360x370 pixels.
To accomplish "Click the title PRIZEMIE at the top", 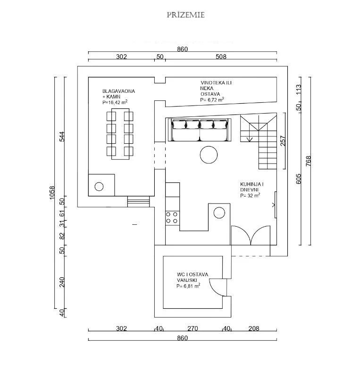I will tap(185, 15).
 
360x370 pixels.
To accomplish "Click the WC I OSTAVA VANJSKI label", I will tap(193, 280).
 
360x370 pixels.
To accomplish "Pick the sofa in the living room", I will tap(200, 130).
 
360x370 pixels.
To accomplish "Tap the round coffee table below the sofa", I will tap(209, 155).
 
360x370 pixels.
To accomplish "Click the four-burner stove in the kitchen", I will tap(172, 217).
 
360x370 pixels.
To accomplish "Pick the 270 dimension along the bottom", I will tap(193, 329).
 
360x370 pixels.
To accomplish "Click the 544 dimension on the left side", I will tap(61, 136).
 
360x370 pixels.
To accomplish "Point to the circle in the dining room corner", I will tap(99, 186).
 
